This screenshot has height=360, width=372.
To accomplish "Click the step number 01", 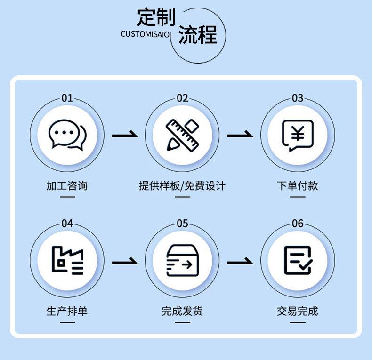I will point(67,98).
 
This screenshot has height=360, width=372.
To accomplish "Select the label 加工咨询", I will point(67,185).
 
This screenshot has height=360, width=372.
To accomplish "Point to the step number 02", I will point(182,98).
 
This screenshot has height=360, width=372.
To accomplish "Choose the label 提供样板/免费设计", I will point(182,185).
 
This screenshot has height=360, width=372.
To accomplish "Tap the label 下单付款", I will point(298,185).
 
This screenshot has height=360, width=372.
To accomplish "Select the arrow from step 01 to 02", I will point(125,136).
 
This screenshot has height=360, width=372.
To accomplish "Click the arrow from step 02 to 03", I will point(240,136).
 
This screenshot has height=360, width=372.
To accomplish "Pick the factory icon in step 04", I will point(67,260).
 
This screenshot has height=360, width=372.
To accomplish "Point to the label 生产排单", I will point(67,311).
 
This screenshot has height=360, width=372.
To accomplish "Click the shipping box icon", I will point(182,260).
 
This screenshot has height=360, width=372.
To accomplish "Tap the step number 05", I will point(182,224).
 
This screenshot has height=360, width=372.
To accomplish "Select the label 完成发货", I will point(182,311).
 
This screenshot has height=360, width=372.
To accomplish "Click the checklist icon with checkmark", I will point(298,260).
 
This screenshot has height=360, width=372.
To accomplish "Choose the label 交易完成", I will point(298,311).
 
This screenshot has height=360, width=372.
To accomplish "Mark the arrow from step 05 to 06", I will point(240,261).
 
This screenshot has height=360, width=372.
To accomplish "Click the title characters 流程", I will point(198,35).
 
